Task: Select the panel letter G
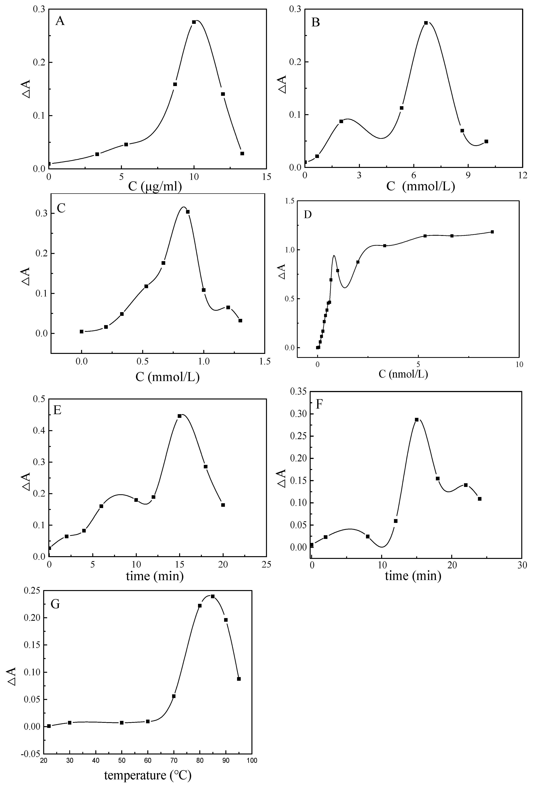(x=55, y=604)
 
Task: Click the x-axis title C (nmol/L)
(x=403, y=375)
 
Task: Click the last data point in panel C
(x=240, y=320)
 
